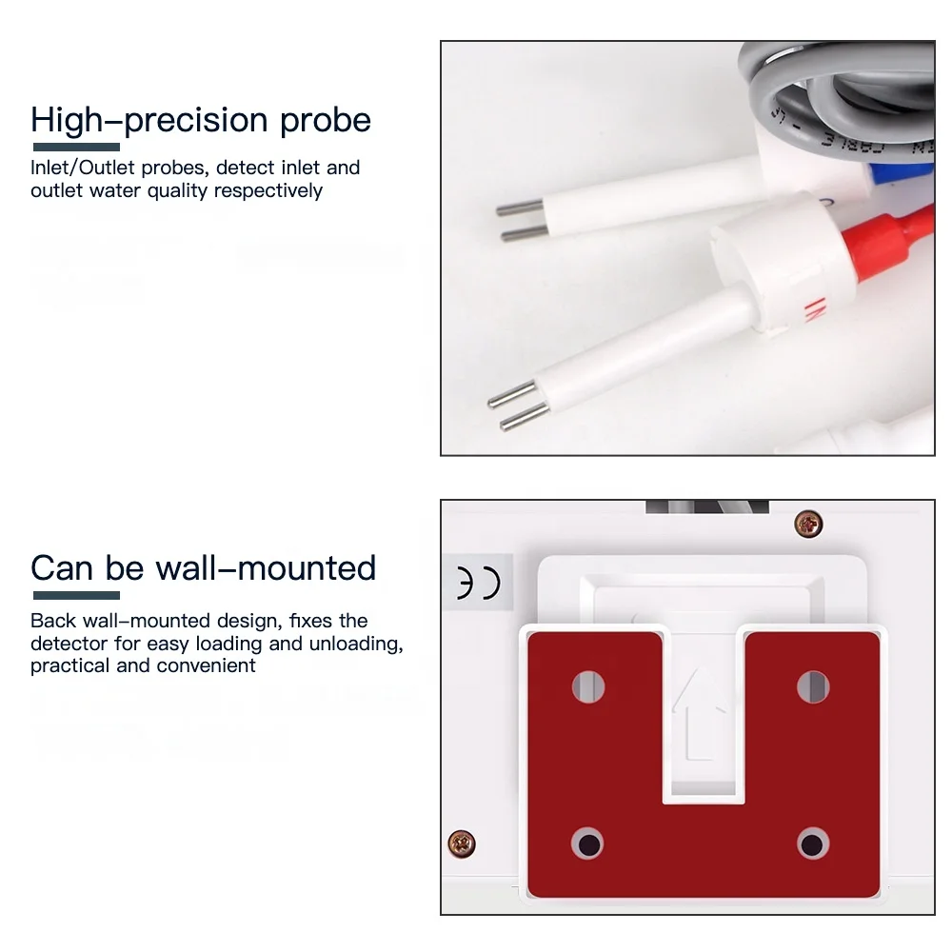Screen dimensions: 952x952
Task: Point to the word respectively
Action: click(268, 191)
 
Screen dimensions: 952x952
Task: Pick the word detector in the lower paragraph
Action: click(68, 644)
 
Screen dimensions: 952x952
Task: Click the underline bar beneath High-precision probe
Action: click(76, 148)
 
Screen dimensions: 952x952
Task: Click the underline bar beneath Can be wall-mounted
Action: click(75, 596)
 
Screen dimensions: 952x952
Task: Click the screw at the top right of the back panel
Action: click(808, 522)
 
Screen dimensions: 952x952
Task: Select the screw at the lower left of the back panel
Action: click(462, 842)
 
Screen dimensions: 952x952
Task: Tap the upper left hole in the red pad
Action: click(588, 685)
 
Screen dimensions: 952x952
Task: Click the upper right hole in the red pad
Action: click(812, 685)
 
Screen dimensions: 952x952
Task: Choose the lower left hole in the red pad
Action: click(588, 843)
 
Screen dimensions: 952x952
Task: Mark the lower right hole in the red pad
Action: click(812, 843)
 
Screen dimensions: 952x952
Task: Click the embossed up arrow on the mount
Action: click(700, 714)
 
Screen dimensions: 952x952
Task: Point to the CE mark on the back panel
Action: click(478, 584)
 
